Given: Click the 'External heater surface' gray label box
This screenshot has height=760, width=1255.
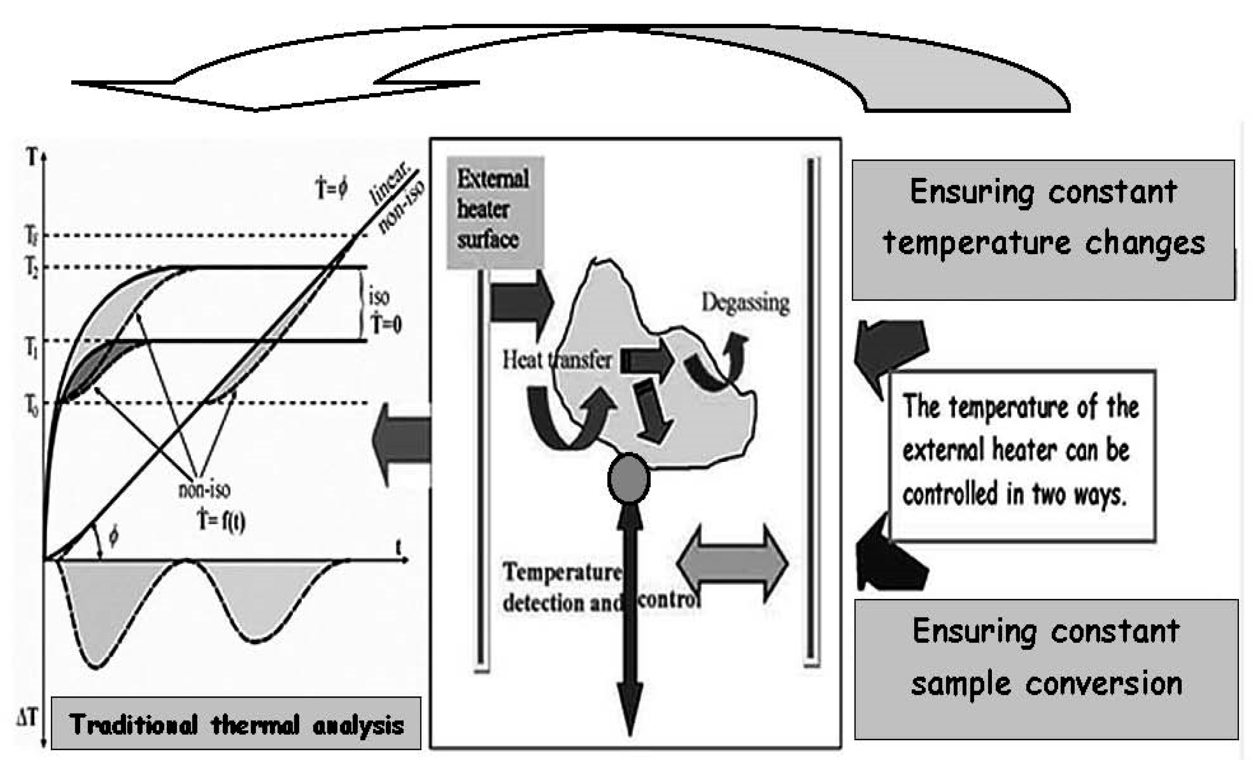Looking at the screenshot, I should click(495, 211).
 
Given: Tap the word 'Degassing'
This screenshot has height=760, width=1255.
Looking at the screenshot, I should click(745, 303).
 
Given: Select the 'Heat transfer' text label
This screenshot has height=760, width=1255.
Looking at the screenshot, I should click(556, 360).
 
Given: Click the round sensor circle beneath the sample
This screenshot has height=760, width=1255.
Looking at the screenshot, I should click(629, 478).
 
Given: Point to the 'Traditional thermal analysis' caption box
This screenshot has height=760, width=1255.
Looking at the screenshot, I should click(236, 724).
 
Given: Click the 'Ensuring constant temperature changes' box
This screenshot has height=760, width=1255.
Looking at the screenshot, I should click(1043, 230).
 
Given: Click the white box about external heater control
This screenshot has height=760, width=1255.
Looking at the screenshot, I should click(1022, 455).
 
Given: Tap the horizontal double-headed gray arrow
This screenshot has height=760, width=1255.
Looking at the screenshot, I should click(732, 564).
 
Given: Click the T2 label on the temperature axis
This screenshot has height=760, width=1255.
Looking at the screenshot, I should click(32, 267).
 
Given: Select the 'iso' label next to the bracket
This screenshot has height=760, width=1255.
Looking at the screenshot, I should click(379, 296).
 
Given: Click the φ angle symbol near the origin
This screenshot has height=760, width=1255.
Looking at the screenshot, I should click(113, 537).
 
